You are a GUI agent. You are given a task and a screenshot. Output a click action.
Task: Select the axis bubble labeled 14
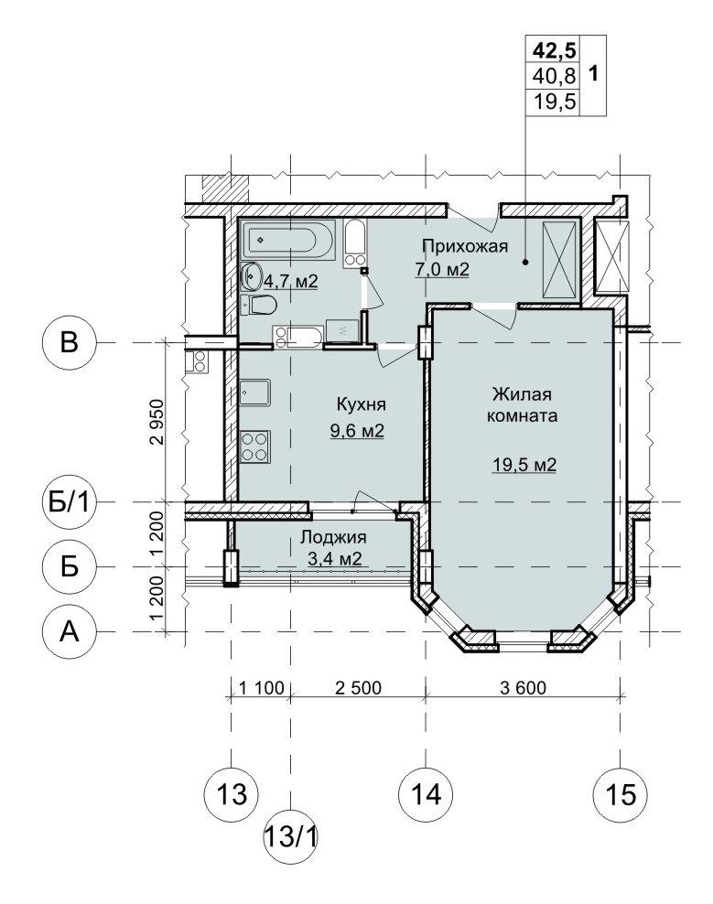tap(426, 794)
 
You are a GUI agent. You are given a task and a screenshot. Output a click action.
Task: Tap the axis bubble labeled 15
tap(621, 794)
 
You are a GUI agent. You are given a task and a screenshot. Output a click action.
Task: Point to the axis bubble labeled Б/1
tap(70, 502)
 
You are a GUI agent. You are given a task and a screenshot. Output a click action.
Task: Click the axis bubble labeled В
tap(70, 343)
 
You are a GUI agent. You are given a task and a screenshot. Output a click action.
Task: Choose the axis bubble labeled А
tap(70, 632)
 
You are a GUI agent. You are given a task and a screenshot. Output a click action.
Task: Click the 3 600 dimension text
tap(524, 687)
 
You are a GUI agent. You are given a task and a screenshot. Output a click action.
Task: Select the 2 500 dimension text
tap(358, 687)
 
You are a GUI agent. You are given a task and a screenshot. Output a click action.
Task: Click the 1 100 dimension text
tap(262, 687)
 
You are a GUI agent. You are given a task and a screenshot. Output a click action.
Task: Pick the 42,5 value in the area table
tap(554, 50)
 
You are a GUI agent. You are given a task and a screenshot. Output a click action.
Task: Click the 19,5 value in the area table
tap(554, 102)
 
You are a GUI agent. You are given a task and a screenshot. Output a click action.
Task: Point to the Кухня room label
tap(362, 404)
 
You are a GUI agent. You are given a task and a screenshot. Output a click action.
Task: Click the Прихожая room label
tap(465, 246)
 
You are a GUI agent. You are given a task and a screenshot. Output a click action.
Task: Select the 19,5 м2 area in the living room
tap(524, 464)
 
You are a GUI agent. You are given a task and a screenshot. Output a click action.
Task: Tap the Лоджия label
tap(333, 537)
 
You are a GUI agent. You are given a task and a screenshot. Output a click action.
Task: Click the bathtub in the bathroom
tap(288, 241)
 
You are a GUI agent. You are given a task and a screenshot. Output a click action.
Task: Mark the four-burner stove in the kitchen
tap(255, 447)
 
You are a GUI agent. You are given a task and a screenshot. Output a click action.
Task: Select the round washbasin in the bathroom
tap(252, 276)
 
